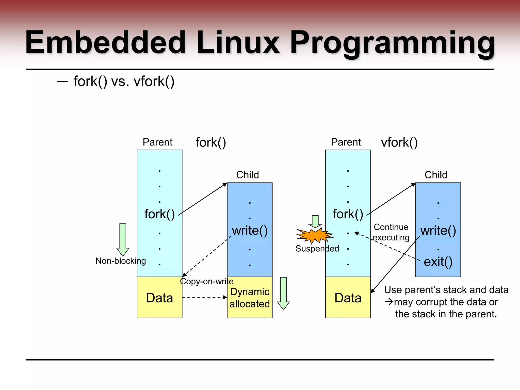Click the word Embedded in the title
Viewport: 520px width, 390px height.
tap(105, 43)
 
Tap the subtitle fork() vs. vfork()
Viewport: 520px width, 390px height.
tap(124, 82)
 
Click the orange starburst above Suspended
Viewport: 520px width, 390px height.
tap(315, 235)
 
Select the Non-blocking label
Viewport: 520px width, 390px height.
tap(121, 261)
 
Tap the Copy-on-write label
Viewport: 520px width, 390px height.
tap(207, 281)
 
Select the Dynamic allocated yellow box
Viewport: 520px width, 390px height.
tap(250, 298)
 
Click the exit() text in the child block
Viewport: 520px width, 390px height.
tap(438, 262)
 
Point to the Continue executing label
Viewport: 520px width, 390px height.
tap(391, 232)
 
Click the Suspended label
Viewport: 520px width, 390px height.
tap(317, 248)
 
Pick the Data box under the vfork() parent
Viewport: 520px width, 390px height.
tap(348, 298)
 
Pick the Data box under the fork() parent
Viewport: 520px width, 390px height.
tap(159, 298)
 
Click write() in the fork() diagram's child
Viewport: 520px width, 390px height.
tap(250, 231)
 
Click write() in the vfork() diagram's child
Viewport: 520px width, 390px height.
tap(438, 231)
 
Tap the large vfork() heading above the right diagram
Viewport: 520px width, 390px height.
tap(399, 142)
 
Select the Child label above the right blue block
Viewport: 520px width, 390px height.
tap(436, 175)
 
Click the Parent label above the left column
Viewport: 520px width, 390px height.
tap(157, 142)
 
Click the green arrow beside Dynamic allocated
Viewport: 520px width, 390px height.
tap(283, 293)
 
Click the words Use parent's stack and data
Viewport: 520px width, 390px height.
tap(446, 290)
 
